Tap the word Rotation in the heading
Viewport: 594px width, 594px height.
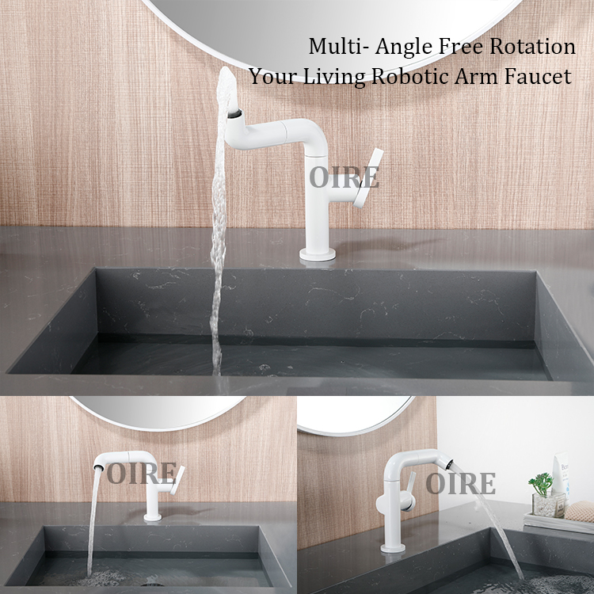click(532, 46)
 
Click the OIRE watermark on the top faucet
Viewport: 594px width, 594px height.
click(344, 177)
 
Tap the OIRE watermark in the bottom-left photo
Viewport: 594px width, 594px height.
click(141, 473)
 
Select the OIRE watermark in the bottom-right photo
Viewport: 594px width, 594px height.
click(461, 483)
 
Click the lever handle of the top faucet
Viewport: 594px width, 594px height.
click(368, 177)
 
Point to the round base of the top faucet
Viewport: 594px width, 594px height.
click(318, 254)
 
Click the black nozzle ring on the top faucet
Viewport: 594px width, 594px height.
click(235, 113)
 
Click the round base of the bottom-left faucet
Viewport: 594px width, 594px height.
click(153, 517)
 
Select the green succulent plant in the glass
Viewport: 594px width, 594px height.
click(542, 484)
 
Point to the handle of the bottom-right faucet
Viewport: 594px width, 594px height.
click(409, 490)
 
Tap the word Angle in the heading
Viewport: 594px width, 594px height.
click(404, 47)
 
